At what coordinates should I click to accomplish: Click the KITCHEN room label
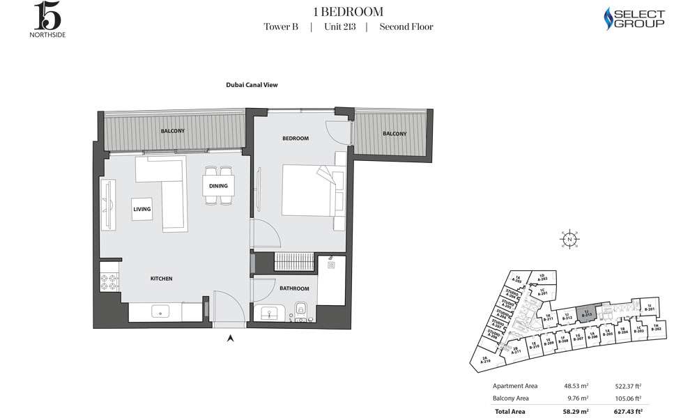coord(161,279)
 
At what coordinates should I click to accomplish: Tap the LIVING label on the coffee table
coord(142,209)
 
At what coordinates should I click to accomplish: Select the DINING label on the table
coord(219,185)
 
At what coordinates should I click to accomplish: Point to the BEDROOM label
coord(295,139)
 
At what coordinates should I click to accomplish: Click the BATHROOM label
coord(294,288)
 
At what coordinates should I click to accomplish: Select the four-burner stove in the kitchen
coord(109,283)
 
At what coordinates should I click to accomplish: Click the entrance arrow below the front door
coord(231,339)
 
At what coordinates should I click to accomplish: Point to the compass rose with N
coord(569,239)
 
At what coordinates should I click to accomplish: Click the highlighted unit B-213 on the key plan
coord(587,314)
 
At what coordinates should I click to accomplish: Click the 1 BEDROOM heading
coord(348,11)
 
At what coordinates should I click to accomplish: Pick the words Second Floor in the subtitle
coord(406,27)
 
